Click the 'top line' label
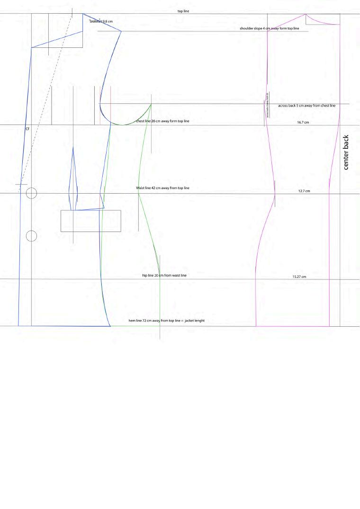(183, 11)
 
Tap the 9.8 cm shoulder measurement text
(101, 21)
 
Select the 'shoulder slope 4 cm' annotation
(269, 29)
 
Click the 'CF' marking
(27, 129)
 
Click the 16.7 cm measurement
(303, 123)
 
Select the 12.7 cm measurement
(304, 191)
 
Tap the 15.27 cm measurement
(299, 277)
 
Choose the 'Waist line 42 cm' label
(162, 188)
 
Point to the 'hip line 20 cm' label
(164, 276)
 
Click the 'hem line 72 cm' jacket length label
(166, 321)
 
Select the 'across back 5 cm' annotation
(306, 106)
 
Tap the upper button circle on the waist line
(31, 193)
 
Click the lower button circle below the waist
(31, 236)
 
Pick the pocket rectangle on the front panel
(90, 221)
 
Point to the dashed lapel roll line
(45, 104)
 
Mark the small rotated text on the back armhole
(268, 105)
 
